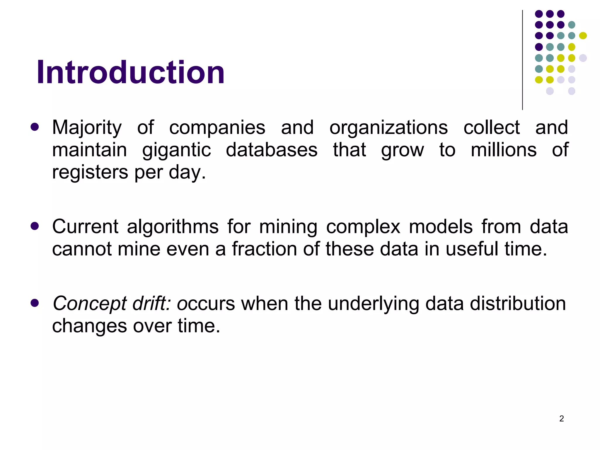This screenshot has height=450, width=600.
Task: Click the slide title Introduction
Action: tap(130, 72)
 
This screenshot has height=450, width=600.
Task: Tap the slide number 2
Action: tap(561, 419)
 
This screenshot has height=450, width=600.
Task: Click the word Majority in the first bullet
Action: tap(87, 128)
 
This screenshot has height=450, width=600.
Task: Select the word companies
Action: tap(217, 128)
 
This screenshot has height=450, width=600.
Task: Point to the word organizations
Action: tap(388, 128)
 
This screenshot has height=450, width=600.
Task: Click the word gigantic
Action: tap(176, 150)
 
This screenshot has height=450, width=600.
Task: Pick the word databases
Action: tap(272, 150)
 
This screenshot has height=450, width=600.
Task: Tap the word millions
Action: tap(503, 150)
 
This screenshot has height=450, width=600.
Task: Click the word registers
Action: tap(90, 172)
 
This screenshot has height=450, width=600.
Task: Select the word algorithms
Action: tap(173, 227)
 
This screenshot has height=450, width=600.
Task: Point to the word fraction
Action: tap(264, 249)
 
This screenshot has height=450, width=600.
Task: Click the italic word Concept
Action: tap(89, 304)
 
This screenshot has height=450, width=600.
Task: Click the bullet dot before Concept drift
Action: tap(35, 303)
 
